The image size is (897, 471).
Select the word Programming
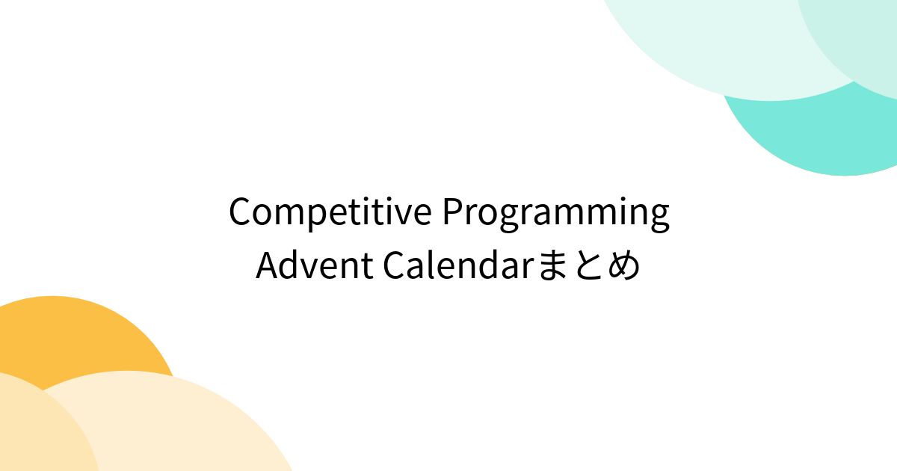click(556, 214)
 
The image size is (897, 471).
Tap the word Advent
click(315, 265)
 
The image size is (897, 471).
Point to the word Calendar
click(459, 265)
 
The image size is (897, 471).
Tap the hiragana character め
click(623, 265)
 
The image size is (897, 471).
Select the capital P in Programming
click(453, 212)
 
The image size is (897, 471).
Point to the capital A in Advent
click(269, 265)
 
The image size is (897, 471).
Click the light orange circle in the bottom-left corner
click(40, 428)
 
